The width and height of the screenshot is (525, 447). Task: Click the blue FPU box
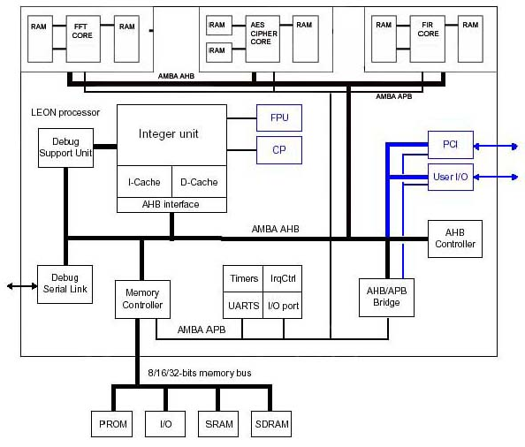(279, 117)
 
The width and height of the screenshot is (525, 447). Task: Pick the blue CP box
(279, 149)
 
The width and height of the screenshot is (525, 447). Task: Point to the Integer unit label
(169, 134)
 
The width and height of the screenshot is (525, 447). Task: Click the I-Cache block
(142, 182)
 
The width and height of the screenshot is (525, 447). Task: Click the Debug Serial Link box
(65, 284)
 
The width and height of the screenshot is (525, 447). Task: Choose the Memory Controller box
(142, 299)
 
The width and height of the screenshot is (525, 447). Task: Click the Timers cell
(244, 278)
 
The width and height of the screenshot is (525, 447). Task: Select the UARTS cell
(244, 306)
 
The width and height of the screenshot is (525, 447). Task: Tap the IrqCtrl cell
(284, 278)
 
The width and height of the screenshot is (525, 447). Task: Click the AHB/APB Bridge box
(386, 297)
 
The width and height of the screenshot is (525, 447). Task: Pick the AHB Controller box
(455, 239)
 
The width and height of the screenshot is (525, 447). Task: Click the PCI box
(450, 143)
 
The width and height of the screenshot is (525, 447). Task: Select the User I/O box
(450, 177)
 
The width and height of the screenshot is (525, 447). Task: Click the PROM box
(113, 424)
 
